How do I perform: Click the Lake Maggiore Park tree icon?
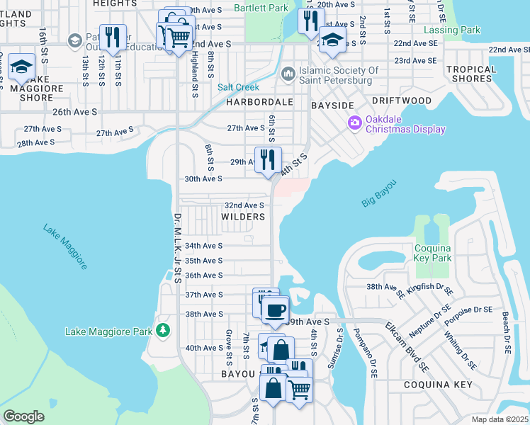[x=164, y=331]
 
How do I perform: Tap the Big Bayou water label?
[x=378, y=193]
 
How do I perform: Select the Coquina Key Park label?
[x=432, y=253]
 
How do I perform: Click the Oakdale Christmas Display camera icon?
[x=354, y=123]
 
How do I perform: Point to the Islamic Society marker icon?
[x=288, y=74]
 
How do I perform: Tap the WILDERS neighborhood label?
[x=242, y=217]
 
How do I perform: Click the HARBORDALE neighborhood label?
[x=259, y=102]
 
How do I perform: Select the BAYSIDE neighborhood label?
[x=332, y=105]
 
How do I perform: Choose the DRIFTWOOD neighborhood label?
[x=402, y=101]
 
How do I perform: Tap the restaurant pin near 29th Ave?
[x=268, y=160]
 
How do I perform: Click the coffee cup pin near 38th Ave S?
[x=275, y=309]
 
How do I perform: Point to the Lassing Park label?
[x=451, y=30]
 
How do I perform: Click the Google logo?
[x=23, y=416]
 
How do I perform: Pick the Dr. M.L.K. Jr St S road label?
[x=178, y=248]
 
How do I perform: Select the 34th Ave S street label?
[x=203, y=246]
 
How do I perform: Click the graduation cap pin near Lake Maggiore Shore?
[x=22, y=67]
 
